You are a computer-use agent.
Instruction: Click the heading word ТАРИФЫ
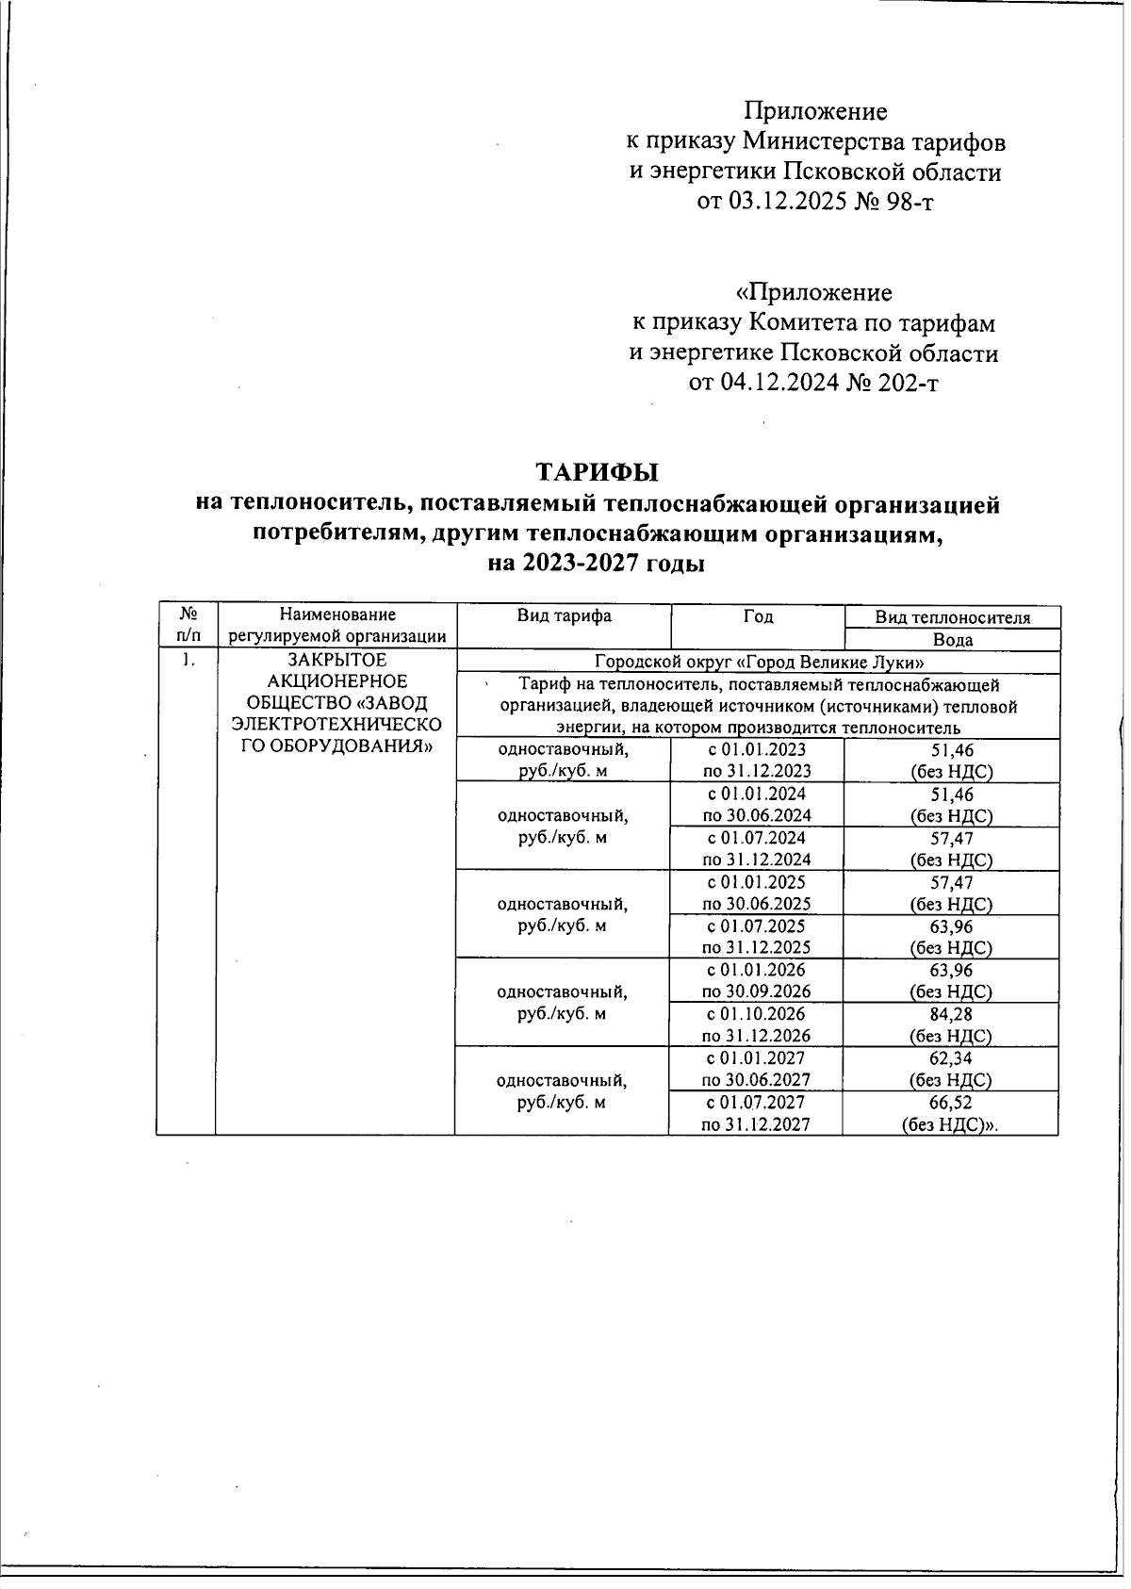[x=597, y=471]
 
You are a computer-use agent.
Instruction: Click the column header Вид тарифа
[x=564, y=616]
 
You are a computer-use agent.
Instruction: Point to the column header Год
[x=758, y=616]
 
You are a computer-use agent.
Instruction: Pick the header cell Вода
[x=952, y=640]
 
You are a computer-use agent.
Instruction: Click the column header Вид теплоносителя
[x=952, y=618]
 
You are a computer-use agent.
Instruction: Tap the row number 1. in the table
[x=188, y=661]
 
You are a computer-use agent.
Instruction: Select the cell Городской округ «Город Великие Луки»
[x=758, y=663]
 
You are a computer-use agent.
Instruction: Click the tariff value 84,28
[x=950, y=1015]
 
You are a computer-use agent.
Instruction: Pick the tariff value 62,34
[x=950, y=1058]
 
